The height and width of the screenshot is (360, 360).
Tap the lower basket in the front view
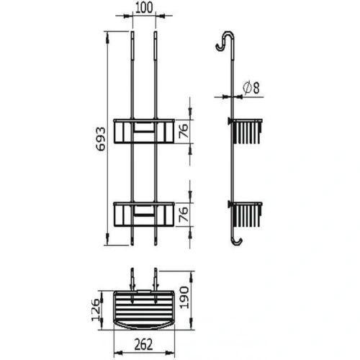145,214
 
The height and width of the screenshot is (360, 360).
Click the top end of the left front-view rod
133,34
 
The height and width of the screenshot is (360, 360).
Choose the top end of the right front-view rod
156,34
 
